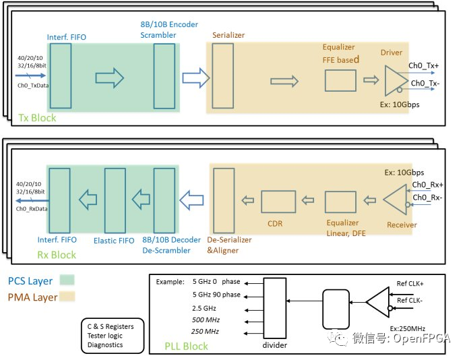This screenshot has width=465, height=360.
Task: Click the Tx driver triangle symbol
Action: (393, 80)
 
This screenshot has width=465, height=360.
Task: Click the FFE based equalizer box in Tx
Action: (341, 81)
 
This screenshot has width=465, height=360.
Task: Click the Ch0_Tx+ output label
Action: (423, 66)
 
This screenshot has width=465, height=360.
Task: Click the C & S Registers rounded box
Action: (112, 335)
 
